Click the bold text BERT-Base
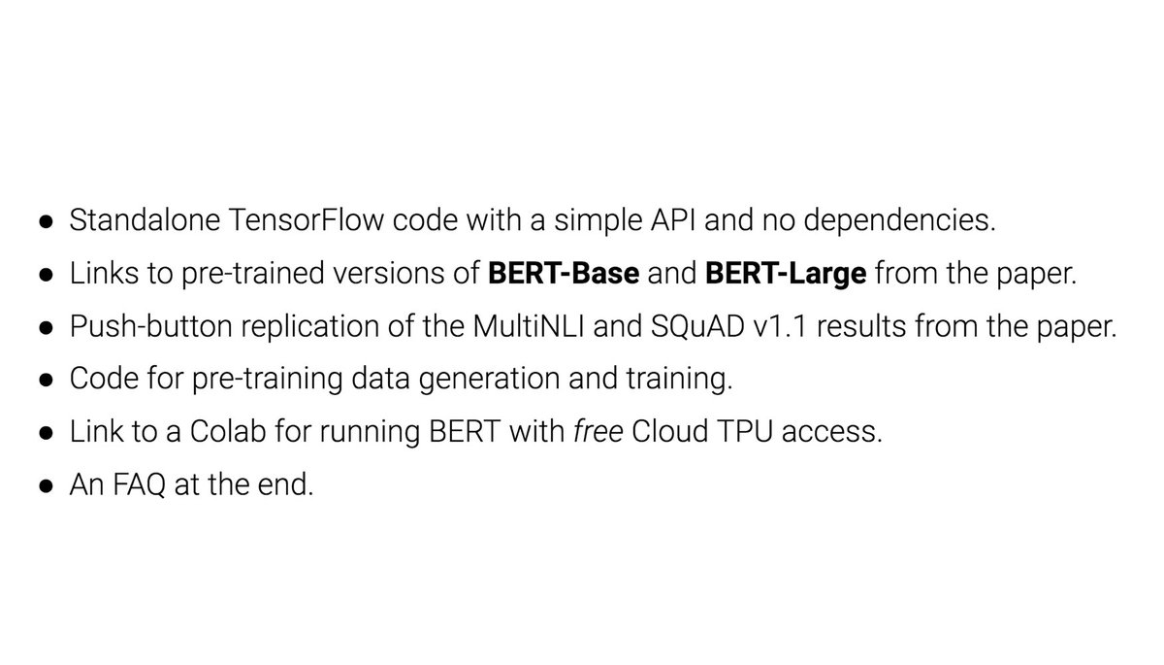(564, 275)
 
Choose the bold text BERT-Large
(786, 275)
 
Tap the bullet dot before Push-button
(46, 328)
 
